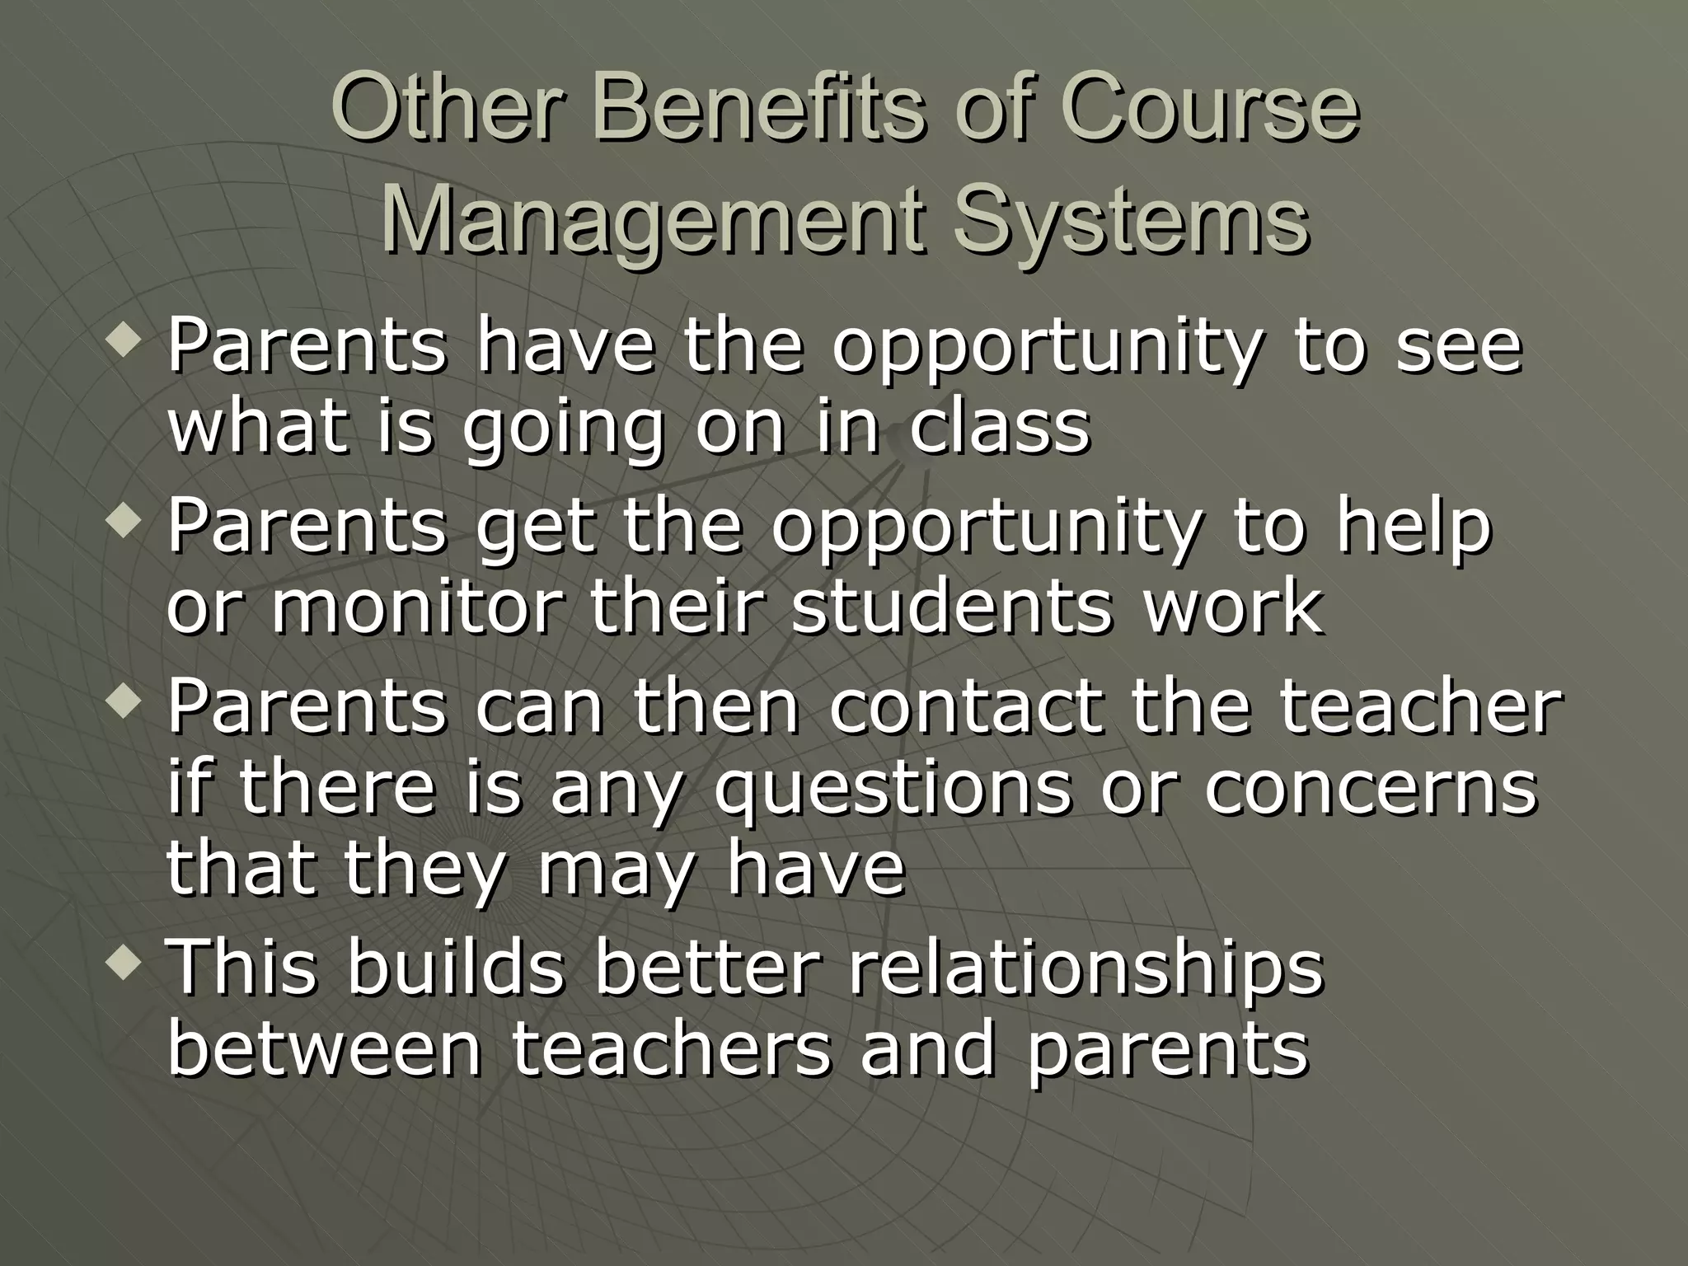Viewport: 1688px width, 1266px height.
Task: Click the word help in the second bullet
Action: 1414,527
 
